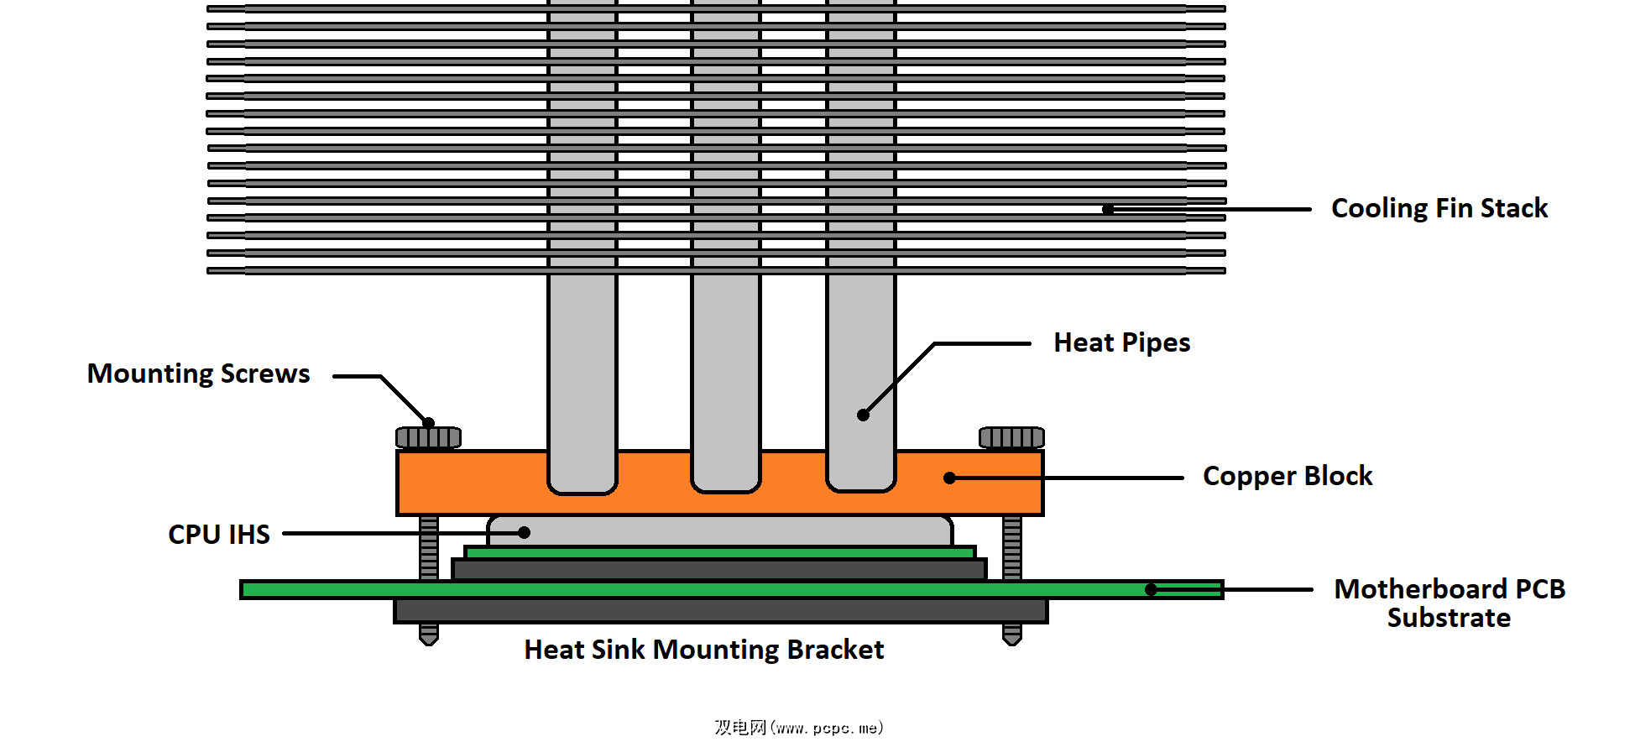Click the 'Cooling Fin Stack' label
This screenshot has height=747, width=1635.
coord(1439,208)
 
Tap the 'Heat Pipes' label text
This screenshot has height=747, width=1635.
coord(1121,342)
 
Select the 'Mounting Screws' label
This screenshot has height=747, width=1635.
coord(198,373)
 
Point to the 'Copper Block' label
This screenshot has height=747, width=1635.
coord(1287,476)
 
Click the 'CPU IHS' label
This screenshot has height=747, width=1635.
coord(219,535)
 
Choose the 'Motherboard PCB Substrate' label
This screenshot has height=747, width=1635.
coord(1449,603)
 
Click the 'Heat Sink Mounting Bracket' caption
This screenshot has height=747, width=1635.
coord(703,650)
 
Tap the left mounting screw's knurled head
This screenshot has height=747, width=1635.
coord(428,437)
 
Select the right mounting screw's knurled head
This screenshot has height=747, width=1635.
coord(1011,437)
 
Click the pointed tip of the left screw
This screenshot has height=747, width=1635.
coord(428,639)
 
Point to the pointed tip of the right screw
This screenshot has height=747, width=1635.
coord(1011,639)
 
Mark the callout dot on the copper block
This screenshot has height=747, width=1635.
coord(949,478)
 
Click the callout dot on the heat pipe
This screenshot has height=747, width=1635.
coord(863,415)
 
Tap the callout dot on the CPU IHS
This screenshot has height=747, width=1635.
coord(524,532)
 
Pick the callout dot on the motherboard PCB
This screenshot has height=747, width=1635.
coord(1151,590)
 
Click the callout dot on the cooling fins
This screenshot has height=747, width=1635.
coord(1108,209)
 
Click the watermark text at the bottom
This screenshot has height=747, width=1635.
coord(798,728)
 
